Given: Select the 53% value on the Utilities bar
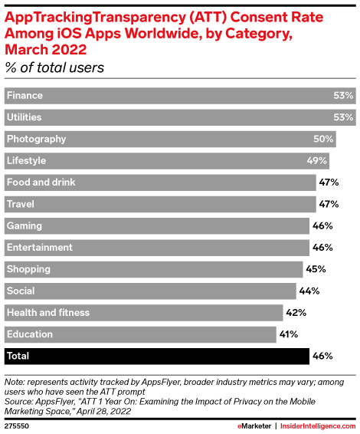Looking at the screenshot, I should click(343, 117).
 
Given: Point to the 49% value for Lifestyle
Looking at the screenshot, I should click(317, 161).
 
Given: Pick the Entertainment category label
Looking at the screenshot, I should click(39, 248).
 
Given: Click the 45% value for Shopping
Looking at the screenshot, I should click(316, 269).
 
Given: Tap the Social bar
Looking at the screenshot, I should click(150, 291).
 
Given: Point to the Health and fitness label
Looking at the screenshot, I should click(47, 313).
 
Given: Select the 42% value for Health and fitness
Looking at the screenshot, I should click(296, 313).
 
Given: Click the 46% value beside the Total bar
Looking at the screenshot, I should click(321, 357).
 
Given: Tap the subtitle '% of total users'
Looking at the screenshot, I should click(55, 67).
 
